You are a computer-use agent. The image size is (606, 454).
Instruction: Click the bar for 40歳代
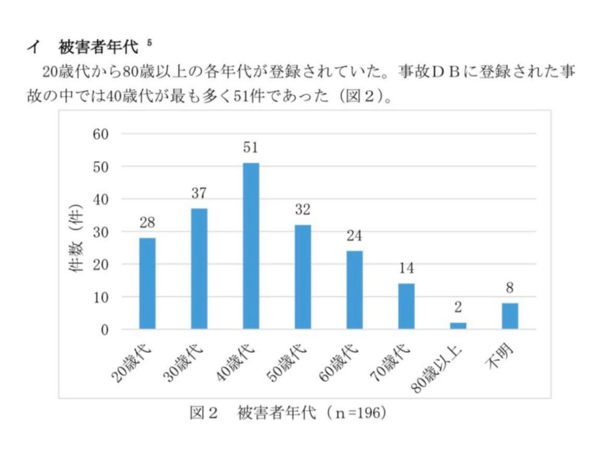click(251, 246)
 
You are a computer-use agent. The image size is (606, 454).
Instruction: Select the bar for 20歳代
click(147, 283)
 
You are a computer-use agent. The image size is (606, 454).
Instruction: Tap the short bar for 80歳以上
click(458, 326)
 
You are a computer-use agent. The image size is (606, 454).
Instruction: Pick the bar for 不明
click(510, 316)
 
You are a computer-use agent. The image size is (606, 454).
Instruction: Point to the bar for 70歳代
click(406, 306)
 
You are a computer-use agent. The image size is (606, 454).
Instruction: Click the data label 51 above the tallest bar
click(250, 148)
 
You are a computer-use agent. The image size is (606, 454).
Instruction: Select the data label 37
click(199, 193)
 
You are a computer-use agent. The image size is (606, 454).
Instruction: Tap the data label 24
click(355, 235)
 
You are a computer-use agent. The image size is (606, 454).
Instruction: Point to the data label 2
click(458, 308)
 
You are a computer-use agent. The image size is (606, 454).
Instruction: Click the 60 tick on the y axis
click(101, 134)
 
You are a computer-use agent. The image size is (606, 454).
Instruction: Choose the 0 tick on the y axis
click(105, 330)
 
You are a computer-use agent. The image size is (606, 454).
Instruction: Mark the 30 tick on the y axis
click(101, 232)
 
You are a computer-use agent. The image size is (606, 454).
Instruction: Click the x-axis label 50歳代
click(287, 363)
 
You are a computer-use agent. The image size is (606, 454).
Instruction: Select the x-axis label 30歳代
click(183, 363)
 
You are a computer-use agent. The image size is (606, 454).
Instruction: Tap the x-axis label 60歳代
click(339, 363)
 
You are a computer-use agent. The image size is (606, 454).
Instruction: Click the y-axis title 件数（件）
click(76, 237)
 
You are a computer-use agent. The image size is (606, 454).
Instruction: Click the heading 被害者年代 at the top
click(98, 47)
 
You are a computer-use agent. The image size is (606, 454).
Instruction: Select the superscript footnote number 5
click(149, 42)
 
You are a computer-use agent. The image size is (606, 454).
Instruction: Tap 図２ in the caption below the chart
click(204, 413)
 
